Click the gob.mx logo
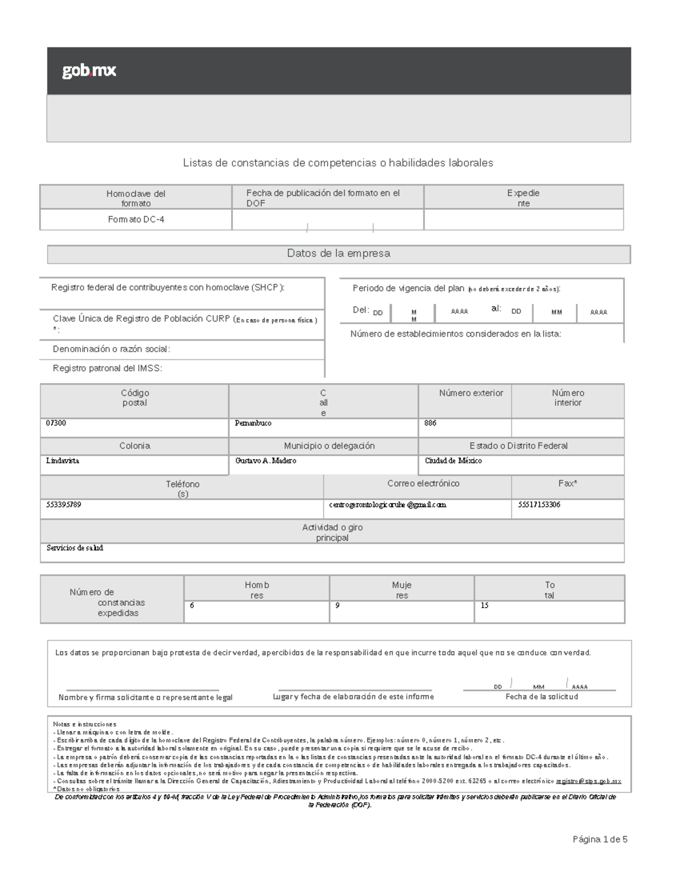[x=89, y=71]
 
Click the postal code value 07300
[x=56, y=423]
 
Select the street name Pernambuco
[x=253, y=423]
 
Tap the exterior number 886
[x=430, y=423]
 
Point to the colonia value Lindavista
[x=62, y=461]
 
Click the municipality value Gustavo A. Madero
[x=265, y=461]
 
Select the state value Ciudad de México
[x=453, y=461]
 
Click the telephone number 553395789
[x=63, y=504]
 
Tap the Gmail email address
[x=387, y=504]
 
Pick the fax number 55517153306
[x=539, y=504]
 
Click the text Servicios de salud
[x=75, y=548]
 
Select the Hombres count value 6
[x=192, y=605]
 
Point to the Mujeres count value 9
[x=337, y=605]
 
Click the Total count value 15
[x=484, y=605]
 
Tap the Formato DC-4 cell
[x=136, y=219]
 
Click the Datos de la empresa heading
[x=338, y=253]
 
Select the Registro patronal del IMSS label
[x=107, y=368]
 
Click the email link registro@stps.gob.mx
[x=588, y=781]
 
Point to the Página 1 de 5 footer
[x=600, y=839]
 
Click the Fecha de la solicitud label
[x=541, y=696]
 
